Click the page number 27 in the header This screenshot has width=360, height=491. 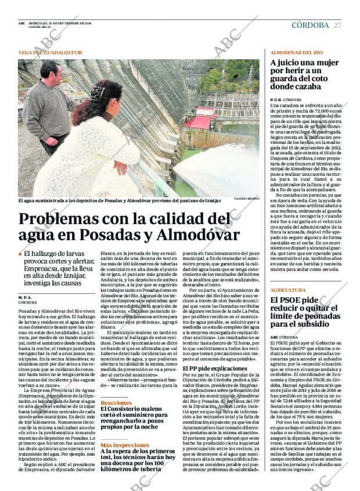click(x=337, y=25)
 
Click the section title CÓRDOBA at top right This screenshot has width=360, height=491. click(x=309, y=25)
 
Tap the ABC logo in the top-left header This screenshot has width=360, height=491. click(x=21, y=23)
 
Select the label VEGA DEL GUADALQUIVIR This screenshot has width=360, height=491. click(x=49, y=53)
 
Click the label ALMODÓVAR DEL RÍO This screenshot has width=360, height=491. click(x=297, y=53)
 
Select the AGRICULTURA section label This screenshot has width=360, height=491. click(x=288, y=289)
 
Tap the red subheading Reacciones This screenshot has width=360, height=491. click(x=116, y=402)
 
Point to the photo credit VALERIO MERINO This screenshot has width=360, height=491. click(x=247, y=200)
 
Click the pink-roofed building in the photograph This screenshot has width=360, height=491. click(x=200, y=120)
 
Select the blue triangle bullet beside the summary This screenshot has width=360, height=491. click(x=21, y=254)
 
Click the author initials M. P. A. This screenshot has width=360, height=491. click(x=26, y=297)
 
